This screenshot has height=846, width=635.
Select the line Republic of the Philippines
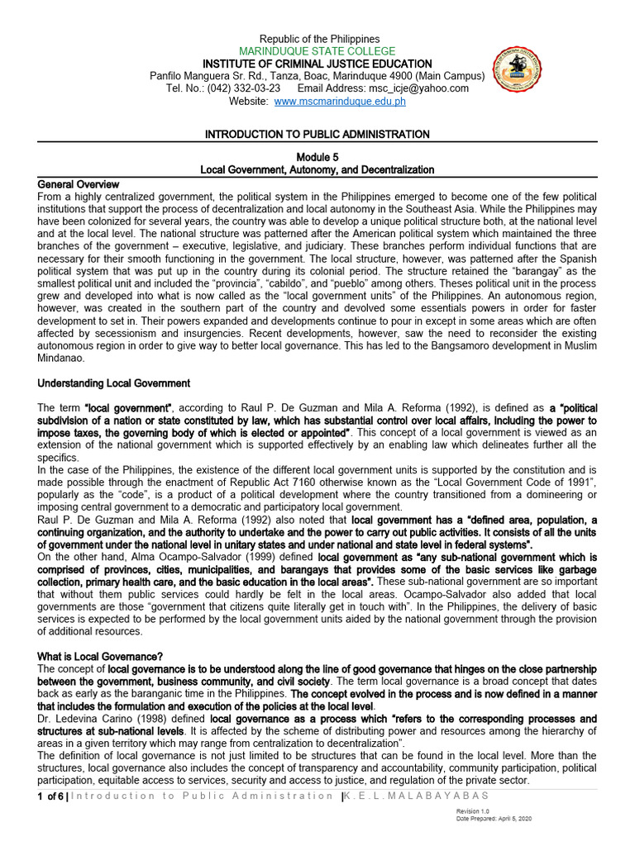click(319, 39)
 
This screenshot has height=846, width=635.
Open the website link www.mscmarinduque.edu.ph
click(328, 101)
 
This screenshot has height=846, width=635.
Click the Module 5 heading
click(317, 157)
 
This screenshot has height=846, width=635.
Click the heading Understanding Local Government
click(114, 383)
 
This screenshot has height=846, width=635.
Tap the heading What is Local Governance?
click(100, 656)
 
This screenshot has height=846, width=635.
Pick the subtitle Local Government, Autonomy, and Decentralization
click(317, 169)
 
